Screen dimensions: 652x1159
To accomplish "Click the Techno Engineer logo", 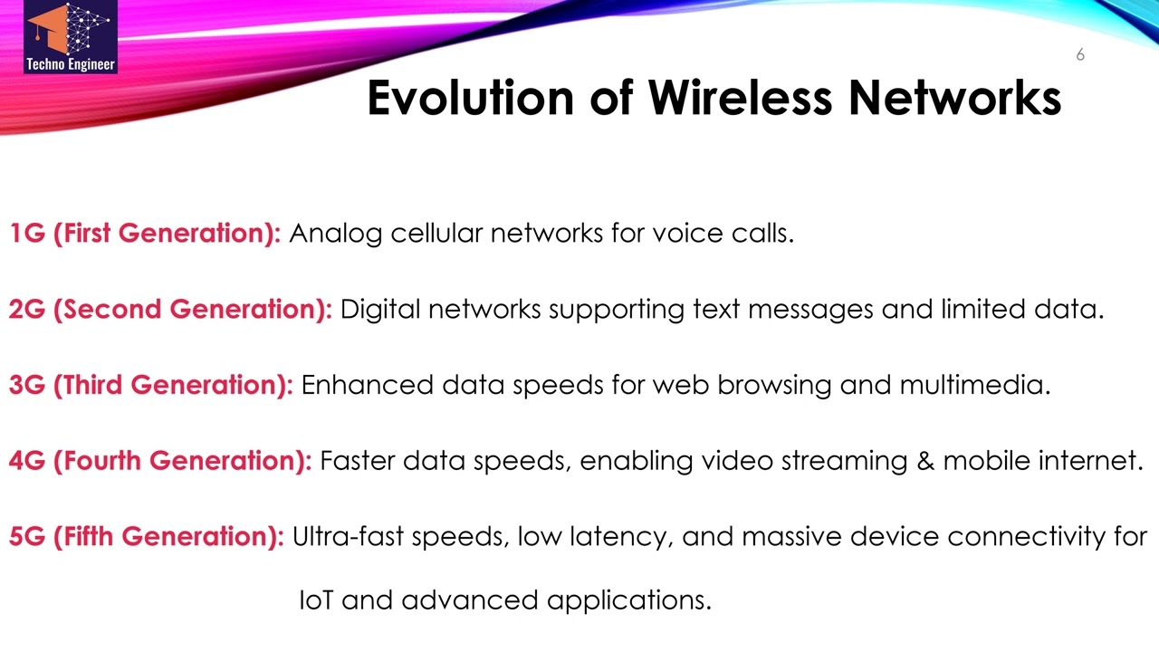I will (71, 38).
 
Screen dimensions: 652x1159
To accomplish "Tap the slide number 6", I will (1080, 55).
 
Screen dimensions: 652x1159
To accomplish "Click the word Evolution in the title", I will (470, 98).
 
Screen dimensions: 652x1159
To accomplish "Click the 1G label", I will (27, 234).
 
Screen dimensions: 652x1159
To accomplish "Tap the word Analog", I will (336, 234).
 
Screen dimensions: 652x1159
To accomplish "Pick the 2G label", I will (27, 310).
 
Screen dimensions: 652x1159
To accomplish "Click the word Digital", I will (380, 310).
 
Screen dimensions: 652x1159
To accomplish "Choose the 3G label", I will (27, 386).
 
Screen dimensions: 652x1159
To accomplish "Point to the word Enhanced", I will (367, 386).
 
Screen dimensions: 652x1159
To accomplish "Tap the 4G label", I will (27, 462).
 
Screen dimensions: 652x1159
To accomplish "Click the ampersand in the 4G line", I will (924, 462).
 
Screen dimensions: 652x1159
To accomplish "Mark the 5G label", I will (27, 537).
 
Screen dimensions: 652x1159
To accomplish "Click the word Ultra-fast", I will (348, 537).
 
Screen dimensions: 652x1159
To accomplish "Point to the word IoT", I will (316, 599).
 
